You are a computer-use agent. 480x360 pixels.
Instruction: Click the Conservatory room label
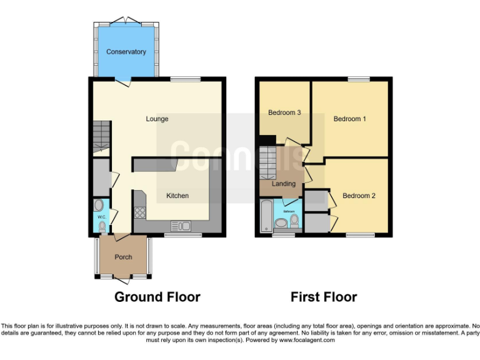126,52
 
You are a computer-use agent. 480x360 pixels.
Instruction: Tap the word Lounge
157,119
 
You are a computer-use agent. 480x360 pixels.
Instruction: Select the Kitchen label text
177,196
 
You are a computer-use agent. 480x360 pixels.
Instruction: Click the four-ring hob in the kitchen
139,212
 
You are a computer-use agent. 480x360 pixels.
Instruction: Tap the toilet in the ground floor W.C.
102,227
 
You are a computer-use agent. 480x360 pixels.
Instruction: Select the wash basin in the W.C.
99,205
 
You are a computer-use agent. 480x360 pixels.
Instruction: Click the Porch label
122,257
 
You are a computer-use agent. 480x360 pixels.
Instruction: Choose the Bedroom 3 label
284,112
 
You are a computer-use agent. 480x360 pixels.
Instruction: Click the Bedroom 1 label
349,119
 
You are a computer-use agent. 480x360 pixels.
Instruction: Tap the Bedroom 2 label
359,196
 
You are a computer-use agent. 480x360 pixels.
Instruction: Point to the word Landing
283,184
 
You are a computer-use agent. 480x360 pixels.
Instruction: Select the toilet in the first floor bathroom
294,220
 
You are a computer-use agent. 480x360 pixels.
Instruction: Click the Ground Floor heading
157,297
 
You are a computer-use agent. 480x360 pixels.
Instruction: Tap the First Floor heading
324,297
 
